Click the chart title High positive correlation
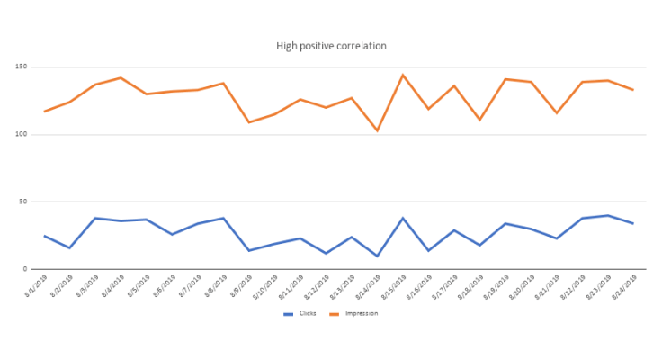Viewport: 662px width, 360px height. pyautogui.click(x=331, y=46)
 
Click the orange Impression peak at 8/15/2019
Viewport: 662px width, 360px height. pyautogui.click(x=402, y=75)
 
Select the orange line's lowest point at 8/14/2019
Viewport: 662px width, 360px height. pyautogui.click(x=377, y=130)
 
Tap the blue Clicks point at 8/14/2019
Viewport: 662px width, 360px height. pyautogui.click(x=377, y=256)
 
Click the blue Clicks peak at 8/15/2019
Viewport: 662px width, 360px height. pyautogui.click(x=402, y=218)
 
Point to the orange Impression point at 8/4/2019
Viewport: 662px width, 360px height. pyautogui.click(x=121, y=77)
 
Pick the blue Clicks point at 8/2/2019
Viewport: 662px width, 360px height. pyautogui.click(x=69, y=247)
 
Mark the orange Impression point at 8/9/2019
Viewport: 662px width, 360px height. pyautogui.click(x=249, y=122)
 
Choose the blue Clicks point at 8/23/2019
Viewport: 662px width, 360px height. pyautogui.click(x=607, y=215)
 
